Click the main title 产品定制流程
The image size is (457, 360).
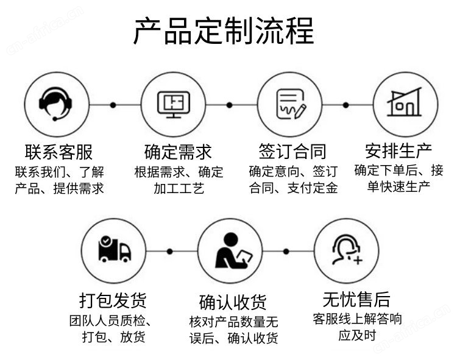224,31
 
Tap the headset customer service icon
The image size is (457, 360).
57,104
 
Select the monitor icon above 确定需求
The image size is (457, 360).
174,104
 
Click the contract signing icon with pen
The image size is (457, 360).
290,104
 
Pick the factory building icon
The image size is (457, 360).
404,104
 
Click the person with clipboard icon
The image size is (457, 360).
230,250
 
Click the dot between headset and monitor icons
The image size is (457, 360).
113,105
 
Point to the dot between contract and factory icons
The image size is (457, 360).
346,105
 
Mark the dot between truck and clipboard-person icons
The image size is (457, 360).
169,251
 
